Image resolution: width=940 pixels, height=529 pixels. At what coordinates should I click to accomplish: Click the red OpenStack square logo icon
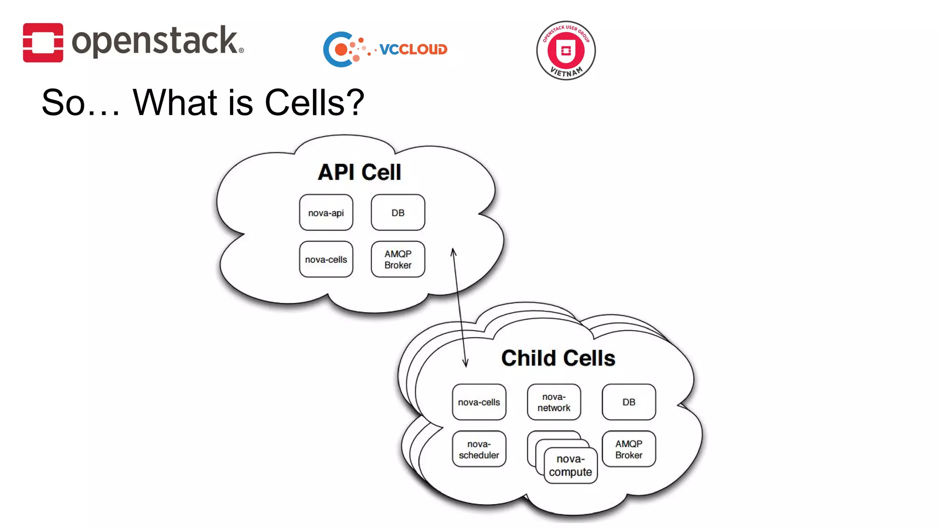(x=43, y=42)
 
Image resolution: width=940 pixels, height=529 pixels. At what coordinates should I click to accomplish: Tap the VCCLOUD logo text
(x=413, y=49)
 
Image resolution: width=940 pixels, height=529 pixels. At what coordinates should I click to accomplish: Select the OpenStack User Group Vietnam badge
(x=565, y=50)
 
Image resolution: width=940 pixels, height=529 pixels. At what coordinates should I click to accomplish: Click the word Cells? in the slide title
(x=314, y=102)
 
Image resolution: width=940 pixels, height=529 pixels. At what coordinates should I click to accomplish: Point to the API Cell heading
(x=359, y=172)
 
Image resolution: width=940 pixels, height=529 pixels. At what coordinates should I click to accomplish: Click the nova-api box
(x=326, y=213)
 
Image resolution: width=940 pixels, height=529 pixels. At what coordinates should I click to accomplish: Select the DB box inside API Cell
(x=397, y=213)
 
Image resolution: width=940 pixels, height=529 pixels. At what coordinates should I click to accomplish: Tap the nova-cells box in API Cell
(x=326, y=259)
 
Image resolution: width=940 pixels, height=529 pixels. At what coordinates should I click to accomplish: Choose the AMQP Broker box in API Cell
(x=397, y=259)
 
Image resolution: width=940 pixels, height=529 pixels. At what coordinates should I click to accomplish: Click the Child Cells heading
(x=558, y=358)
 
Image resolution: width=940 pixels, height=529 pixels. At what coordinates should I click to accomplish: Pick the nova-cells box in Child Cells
(x=479, y=402)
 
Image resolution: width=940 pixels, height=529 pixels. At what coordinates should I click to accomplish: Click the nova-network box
(x=554, y=402)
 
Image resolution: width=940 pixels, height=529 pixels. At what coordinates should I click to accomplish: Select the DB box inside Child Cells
(x=628, y=402)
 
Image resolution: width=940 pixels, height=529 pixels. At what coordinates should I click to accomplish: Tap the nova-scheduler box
(x=479, y=449)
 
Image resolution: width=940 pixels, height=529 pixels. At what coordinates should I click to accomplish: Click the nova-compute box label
(x=570, y=465)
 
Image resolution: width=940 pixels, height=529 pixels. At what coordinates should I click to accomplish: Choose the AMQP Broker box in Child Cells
(x=628, y=449)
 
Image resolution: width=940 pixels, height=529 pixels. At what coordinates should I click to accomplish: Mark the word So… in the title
(x=80, y=102)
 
